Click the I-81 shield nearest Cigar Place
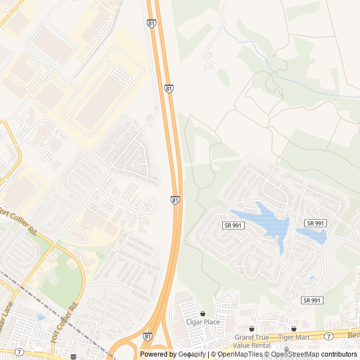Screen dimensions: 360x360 (147, 336)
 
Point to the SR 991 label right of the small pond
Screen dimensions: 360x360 (315, 223)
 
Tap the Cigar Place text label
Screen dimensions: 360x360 (203, 322)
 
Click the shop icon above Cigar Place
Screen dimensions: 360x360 (203, 313)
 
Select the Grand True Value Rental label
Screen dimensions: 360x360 (251, 341)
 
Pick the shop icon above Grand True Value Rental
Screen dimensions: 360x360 (251, 328)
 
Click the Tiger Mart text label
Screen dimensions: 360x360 (294, 337)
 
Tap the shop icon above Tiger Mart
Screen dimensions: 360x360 (294, 328)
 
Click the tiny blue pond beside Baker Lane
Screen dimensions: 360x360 (40, 317)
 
